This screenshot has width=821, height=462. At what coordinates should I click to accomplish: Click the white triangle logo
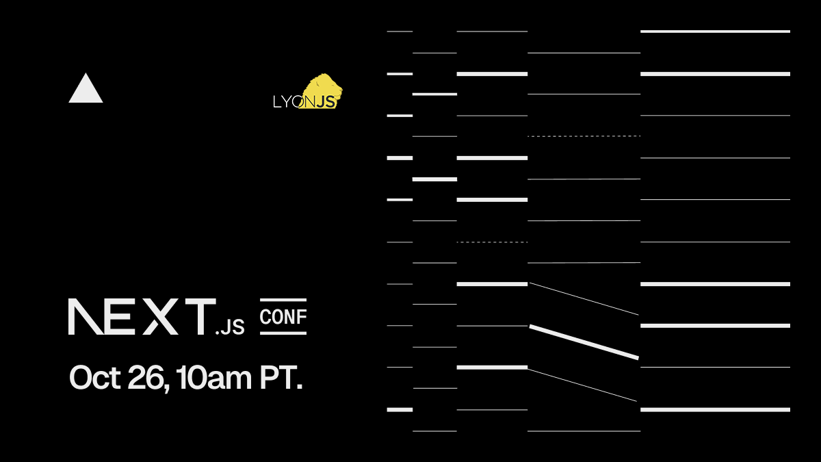click(x=86, y=90)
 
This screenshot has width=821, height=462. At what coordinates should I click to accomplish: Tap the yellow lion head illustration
click(x=322, y=90)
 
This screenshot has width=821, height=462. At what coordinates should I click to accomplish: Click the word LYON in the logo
click(x=294, y=102)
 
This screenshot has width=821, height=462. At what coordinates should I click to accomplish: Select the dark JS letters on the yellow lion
click(x=326, y=101)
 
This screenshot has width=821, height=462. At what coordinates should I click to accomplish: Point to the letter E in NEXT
click(x=120, y=316)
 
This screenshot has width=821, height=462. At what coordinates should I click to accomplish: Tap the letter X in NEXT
click(x=160, y=316)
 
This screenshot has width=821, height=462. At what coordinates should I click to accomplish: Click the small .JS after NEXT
click(x=230, y=326)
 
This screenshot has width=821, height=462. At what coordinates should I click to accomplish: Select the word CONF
click(x=283, y=317)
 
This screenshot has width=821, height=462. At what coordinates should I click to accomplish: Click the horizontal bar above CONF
click(x=283, y=300)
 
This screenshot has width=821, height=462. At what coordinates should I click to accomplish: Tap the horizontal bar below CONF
click(x=283, y=333)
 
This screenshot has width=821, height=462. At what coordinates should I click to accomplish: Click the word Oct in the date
click(x=95, y=377)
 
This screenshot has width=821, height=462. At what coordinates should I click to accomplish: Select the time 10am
click(x=213, y=377)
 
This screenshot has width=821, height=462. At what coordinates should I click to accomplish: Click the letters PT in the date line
click(x=278, y=377)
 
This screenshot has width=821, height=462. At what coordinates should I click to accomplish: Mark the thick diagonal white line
click(x=584, y=342)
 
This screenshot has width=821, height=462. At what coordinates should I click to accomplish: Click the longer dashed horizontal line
click(x=584, y=136)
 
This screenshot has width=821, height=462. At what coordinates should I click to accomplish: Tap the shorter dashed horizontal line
click(x=492, y=242)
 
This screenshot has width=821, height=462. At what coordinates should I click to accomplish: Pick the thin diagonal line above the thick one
click(x=584, y=298)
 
